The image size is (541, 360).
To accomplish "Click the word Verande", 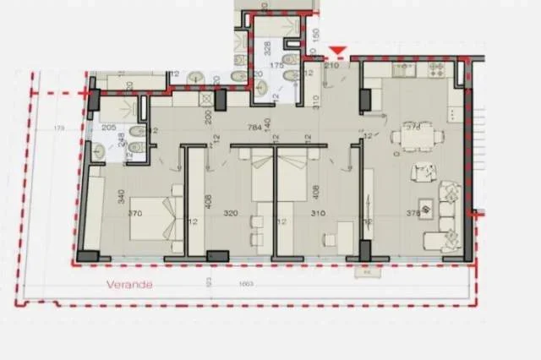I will point(129,285).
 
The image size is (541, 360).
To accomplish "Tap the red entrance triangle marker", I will point(338,52).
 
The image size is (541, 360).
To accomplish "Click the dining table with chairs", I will point(414,135).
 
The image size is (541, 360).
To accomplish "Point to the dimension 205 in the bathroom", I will point(107,128).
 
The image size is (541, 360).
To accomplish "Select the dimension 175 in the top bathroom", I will point(274,65).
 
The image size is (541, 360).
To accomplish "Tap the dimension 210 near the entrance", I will point(331,65).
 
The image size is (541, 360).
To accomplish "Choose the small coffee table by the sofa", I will point(426,205).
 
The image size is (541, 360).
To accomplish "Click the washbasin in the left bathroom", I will point(101,150).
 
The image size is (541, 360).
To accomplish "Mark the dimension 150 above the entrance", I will point(314,37).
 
